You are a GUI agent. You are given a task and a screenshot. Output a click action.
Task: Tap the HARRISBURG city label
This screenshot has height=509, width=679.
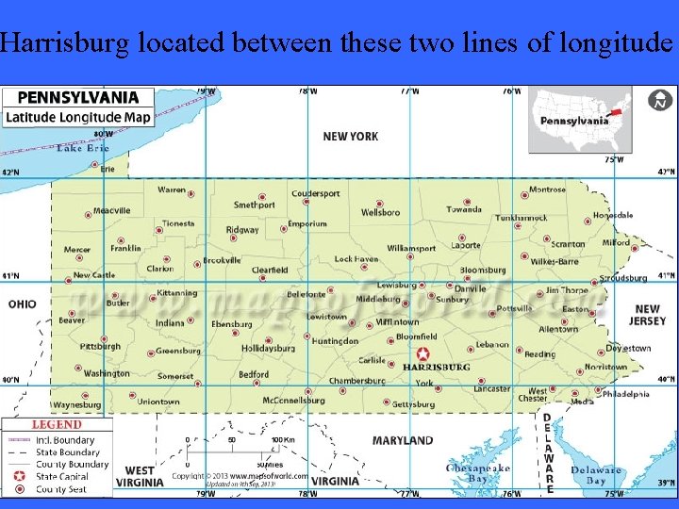tap(436, 367)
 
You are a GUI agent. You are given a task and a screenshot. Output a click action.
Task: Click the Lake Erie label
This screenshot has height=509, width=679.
tap(83, 148)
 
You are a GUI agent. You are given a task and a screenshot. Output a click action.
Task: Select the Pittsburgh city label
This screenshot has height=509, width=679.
tap(100, 346)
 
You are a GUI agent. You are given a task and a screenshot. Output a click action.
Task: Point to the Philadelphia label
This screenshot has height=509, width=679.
tap(625, 394)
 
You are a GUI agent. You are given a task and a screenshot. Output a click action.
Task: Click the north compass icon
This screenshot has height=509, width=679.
tap(660, 100)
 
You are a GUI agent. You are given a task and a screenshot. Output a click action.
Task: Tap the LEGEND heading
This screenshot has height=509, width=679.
tap(57, 425)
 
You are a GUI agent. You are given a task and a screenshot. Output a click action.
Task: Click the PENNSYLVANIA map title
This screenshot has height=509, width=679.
tap(77, 97)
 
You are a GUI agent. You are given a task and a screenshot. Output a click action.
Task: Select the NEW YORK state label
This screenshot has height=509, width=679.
tap(350, 137)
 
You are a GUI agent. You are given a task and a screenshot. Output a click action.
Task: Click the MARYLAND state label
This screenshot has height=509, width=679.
tap(403, 440)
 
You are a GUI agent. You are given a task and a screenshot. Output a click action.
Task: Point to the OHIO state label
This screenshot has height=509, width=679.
tap(23, 304)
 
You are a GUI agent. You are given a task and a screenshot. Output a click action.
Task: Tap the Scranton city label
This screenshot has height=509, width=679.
tap(568, 244)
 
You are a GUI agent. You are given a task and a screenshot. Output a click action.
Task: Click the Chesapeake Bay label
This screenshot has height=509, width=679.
tap(478, 474)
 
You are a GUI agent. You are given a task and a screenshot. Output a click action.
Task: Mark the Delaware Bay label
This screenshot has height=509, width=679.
tap(595, 475)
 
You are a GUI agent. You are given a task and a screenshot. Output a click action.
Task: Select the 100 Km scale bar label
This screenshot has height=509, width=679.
tap(284, 439)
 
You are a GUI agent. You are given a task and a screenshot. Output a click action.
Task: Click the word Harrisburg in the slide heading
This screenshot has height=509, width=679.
tap(67, 42)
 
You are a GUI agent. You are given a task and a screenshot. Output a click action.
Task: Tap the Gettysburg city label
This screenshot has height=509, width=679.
tap(413, 404)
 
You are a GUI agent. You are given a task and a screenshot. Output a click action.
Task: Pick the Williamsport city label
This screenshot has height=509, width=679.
tap(411, 249)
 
